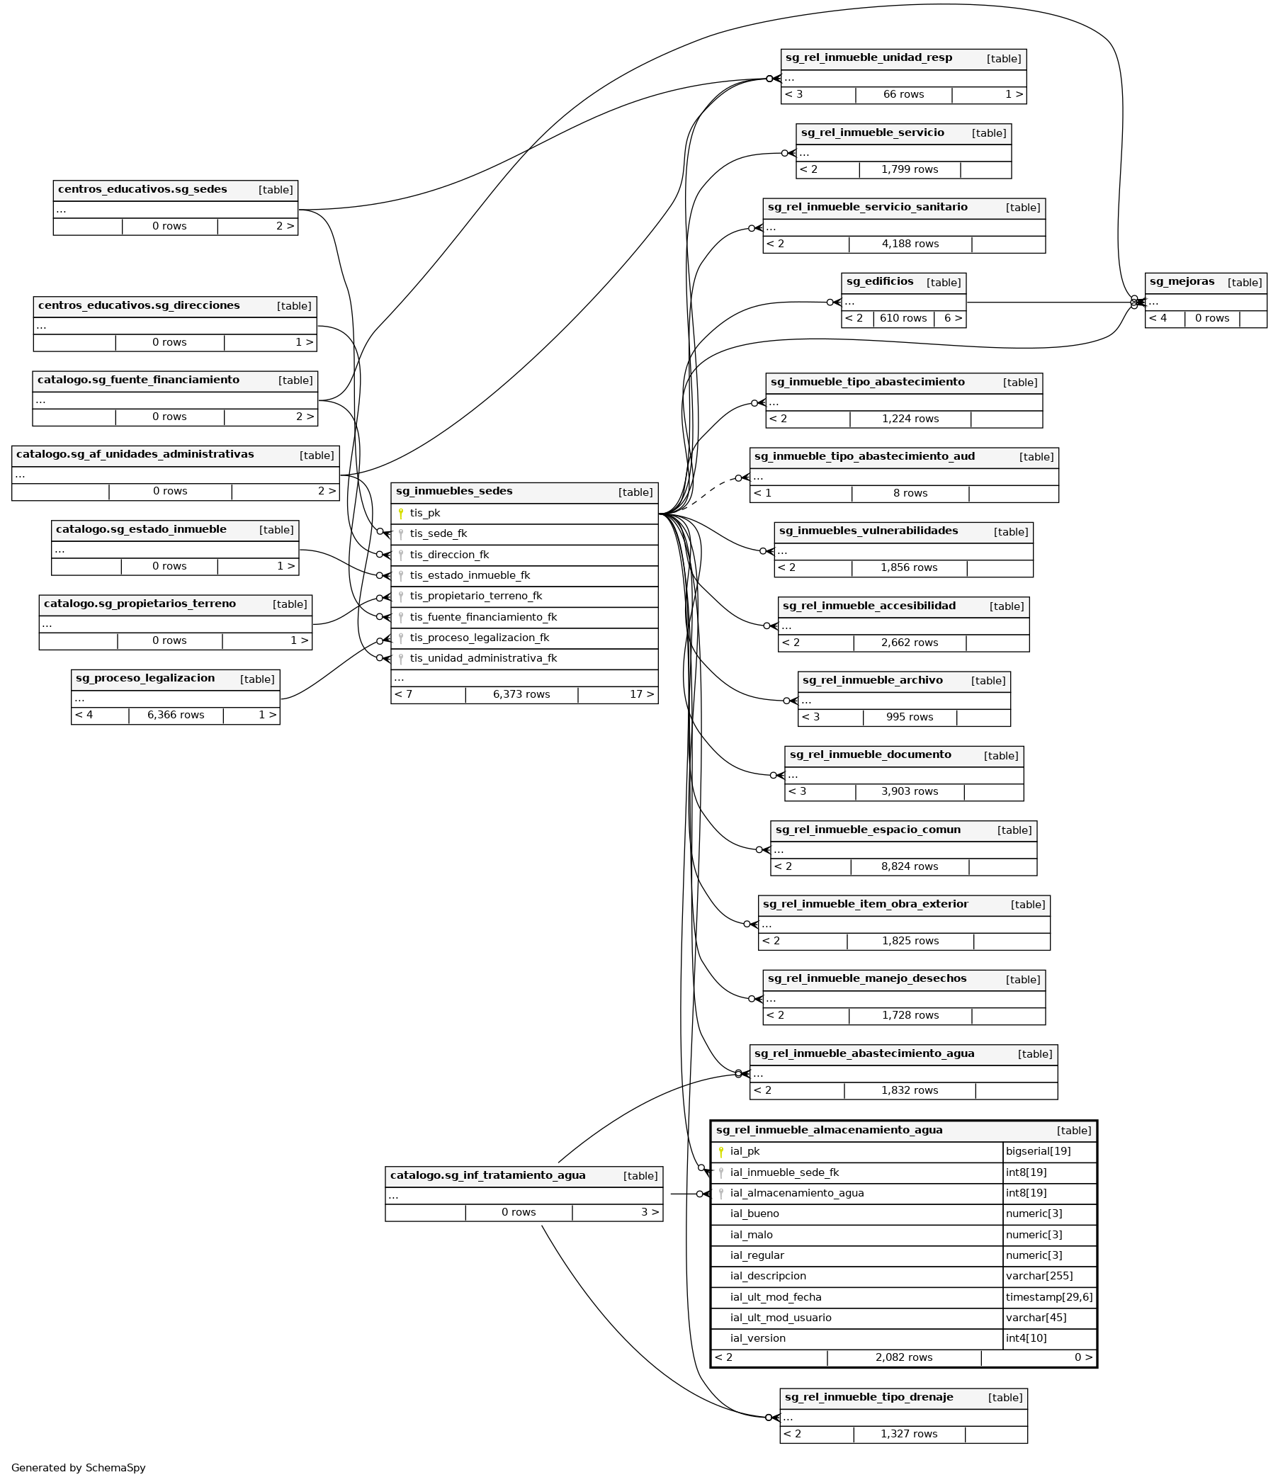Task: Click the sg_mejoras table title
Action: coord(1182,282)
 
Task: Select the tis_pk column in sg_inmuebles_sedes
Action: coord(425,513)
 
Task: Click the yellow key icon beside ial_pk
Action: coord(721,1152)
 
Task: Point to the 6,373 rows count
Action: coord(521,694)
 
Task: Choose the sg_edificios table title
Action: coord(880,282)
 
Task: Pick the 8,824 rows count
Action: coord(909,866)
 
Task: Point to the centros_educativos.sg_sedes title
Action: coord(142,190)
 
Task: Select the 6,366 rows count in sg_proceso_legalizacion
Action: coord(175,715)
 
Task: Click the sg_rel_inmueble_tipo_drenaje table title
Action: coord(869,1397)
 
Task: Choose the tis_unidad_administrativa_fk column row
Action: coord(482,658)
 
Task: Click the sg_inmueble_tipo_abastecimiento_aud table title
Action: coord(864,456)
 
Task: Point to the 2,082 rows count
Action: coord(903,1357)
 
